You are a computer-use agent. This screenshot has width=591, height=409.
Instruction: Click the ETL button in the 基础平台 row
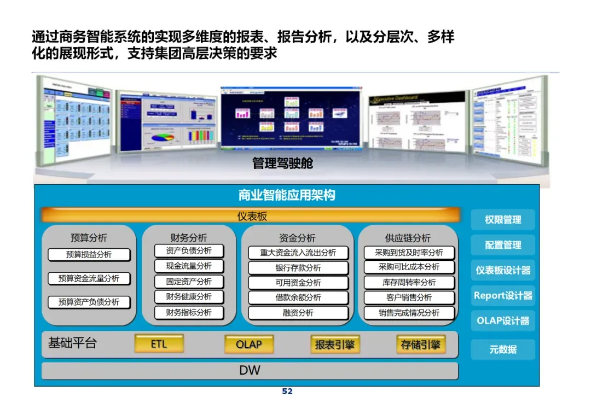tap(159, 344)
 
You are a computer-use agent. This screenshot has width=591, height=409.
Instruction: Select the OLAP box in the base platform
tap(248, 344)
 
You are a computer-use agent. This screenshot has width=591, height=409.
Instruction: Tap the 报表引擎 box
tap(334, 344)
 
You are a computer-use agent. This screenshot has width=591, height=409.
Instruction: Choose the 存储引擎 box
tap(420, 344)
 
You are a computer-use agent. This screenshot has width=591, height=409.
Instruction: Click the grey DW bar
tap(250, 370)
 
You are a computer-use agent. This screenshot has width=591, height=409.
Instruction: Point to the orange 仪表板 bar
tap(252, 216)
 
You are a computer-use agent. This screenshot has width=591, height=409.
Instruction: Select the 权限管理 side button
tap(503, 220)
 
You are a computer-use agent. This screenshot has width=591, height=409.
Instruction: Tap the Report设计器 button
tap(503, 295)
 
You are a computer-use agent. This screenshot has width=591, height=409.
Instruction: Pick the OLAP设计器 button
tap(503, 321)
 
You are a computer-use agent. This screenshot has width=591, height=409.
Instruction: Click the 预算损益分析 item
tap(89, 255)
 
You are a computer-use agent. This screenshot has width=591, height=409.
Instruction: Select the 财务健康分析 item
tap(189, 297)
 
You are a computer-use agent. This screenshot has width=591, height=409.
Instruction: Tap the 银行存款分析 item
tap(298, 268)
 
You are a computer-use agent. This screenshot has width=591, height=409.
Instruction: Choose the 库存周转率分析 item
tap(409, 283)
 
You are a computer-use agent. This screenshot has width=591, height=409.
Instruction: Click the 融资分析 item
tap(298, 313)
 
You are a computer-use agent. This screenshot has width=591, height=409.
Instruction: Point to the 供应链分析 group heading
tap(408, 238)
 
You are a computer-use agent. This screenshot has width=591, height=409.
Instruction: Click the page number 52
tap(287, 392)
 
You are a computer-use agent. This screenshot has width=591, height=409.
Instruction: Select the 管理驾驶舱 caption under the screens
tap(282, 163)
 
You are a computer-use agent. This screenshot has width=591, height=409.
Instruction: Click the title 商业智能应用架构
tap(287, 195)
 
